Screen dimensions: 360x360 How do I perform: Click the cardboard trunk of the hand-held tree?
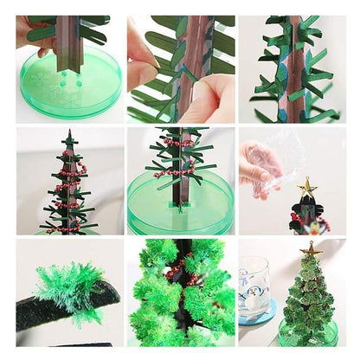[67, 43]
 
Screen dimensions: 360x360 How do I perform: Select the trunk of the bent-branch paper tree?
[293, 69]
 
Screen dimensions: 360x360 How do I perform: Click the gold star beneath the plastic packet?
[305, 187]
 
